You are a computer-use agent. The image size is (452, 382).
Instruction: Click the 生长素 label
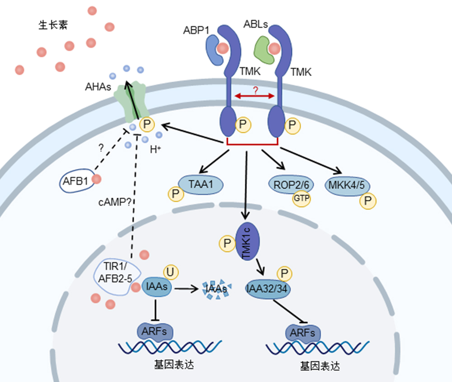(x=53, y=25)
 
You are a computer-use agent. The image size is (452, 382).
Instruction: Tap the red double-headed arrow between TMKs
(x=255, y=96)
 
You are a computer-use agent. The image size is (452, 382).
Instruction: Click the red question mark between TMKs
(x=255, y=90)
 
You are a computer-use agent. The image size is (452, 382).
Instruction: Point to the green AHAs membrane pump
(x=132, y=102)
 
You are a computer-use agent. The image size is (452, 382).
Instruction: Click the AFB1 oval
(x=77, y=181)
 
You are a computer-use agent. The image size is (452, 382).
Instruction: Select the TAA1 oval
(x=201, y=185)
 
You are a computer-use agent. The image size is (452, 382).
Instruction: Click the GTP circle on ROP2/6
(x=301, y=198)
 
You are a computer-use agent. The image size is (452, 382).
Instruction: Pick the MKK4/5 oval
(x=347, y=186)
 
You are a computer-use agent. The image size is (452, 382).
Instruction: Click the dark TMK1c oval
(x=248, y=241)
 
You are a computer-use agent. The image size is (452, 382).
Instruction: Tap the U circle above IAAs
(x=171, y=272)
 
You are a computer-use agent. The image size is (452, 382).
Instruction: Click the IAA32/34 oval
(x=268, y=289)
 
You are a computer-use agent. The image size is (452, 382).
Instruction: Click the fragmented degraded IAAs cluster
(x=216, y=289)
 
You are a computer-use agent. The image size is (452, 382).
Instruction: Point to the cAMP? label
(x=115, y=202)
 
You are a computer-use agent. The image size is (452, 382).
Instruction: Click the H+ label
(x=155, y=149)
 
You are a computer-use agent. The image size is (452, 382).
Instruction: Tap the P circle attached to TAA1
(x=176, y=194)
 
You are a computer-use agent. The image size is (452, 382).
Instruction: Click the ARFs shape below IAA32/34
(x=303, y=333)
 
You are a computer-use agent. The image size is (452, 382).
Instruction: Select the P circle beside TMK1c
(x=227, y=244)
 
